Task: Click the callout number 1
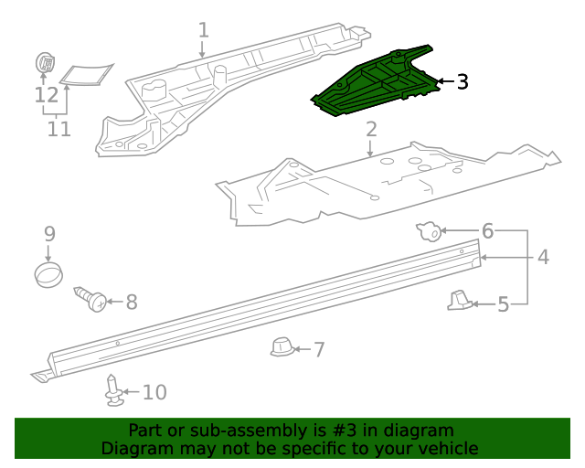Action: click(x=203, y=30)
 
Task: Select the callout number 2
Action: click(x=371, y=130)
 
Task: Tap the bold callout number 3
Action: click(x=462, y=82)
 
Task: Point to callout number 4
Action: click(x=543, y=258)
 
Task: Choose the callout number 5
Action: click(x=503, y=303)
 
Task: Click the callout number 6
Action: click(x=487, y=230)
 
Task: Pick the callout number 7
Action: click(x=319, y=348)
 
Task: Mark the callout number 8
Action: click(x=131, y=301)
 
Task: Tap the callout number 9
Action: click(x=49, y=234)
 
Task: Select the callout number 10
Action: click(x=154, y=392)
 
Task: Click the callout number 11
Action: click(x=58, y=129)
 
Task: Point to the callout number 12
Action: click(x=46, y=94)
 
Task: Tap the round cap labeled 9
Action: click(x=49, y=273)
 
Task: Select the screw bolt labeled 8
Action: click(x=91, y=298)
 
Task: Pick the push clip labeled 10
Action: click(x=112, y=391)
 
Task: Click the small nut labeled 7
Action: click(x=282, y=347)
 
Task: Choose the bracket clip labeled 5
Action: click(x=461, y=299)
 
